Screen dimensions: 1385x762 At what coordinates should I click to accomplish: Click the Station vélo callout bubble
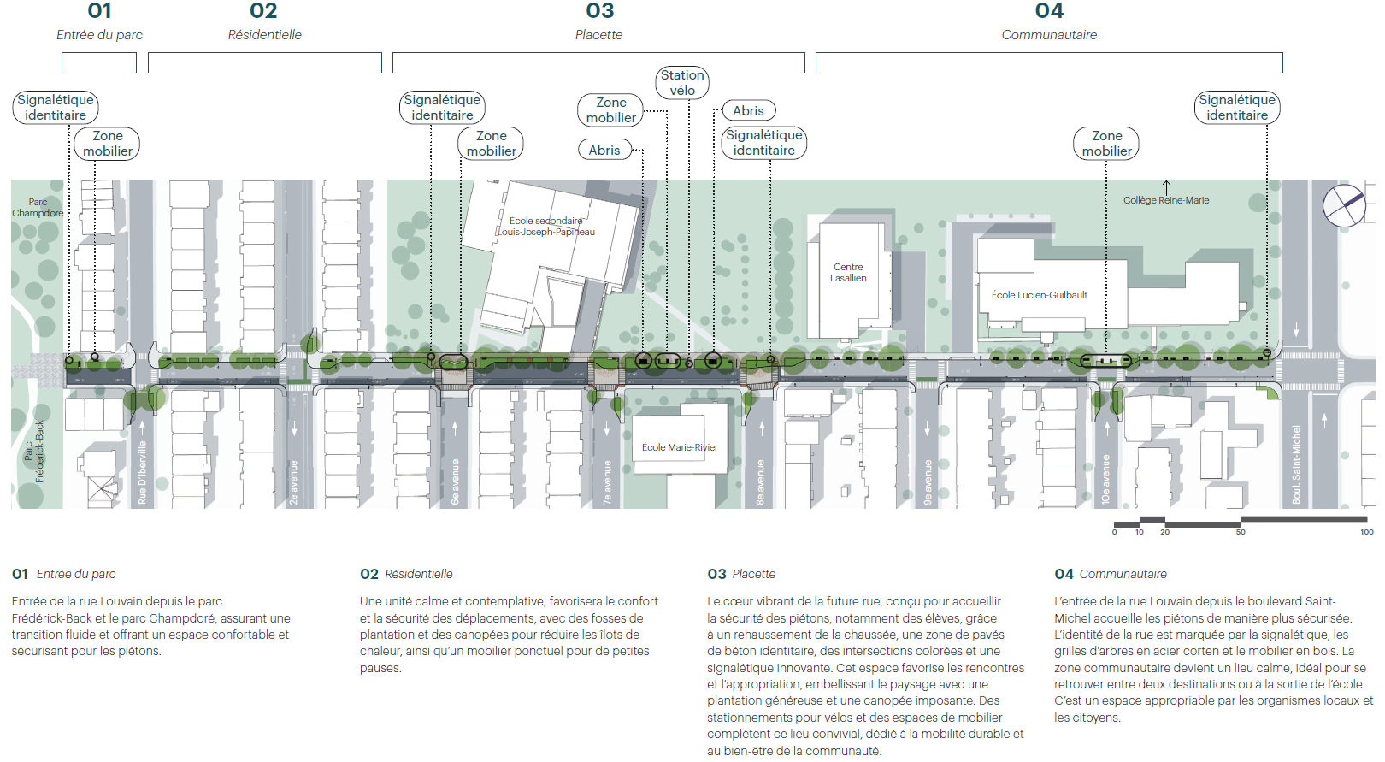682,82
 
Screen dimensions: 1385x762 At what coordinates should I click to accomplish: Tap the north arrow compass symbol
1344,205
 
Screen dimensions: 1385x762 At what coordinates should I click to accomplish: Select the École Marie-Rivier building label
680,447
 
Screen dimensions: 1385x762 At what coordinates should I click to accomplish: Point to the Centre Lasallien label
848,272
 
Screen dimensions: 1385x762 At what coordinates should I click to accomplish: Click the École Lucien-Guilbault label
1040,295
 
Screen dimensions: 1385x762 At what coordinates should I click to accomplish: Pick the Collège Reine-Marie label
1166,200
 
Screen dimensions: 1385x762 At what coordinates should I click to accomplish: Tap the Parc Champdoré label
38,207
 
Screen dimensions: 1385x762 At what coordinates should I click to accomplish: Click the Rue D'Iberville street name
142,473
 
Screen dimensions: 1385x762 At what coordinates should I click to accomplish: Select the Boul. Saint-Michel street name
1296,464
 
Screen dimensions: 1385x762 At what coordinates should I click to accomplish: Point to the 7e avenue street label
607,482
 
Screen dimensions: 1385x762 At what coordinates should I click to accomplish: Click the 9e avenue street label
928,482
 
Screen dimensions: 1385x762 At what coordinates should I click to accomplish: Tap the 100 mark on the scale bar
1366,532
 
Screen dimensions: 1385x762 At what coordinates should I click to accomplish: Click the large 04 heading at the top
1049,10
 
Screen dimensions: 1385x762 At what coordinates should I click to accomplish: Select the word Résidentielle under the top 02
265,34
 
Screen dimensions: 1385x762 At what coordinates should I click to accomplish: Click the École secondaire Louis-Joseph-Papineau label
546,226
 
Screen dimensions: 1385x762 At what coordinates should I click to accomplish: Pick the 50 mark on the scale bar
1241,532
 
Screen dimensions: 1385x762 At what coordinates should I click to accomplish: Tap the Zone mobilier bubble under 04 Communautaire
1106,144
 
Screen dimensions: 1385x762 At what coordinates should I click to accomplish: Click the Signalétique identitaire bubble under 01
56,108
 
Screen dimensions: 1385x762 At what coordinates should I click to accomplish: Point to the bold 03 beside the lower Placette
716,574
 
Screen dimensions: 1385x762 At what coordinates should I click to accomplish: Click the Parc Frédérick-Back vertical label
34,452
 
